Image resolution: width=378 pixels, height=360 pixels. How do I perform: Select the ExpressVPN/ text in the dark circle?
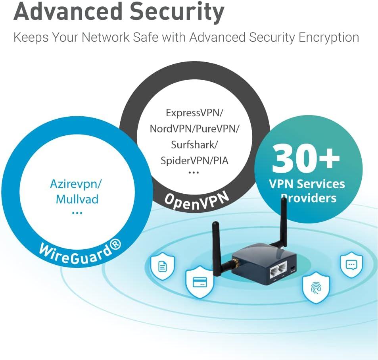pos(194,113)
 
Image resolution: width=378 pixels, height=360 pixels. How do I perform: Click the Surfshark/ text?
pos(194,144)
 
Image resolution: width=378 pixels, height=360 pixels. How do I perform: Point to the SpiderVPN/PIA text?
pos(194,160)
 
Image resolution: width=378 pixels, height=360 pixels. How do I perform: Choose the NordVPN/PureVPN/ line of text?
pos(194,129)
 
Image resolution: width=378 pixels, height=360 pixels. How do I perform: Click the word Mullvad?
pos(77,198)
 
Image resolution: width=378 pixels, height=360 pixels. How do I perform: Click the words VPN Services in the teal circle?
pos(307,184)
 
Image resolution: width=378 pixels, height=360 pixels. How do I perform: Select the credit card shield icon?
pos(200,283)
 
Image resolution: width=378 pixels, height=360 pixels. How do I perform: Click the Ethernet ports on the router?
pos(278,271)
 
